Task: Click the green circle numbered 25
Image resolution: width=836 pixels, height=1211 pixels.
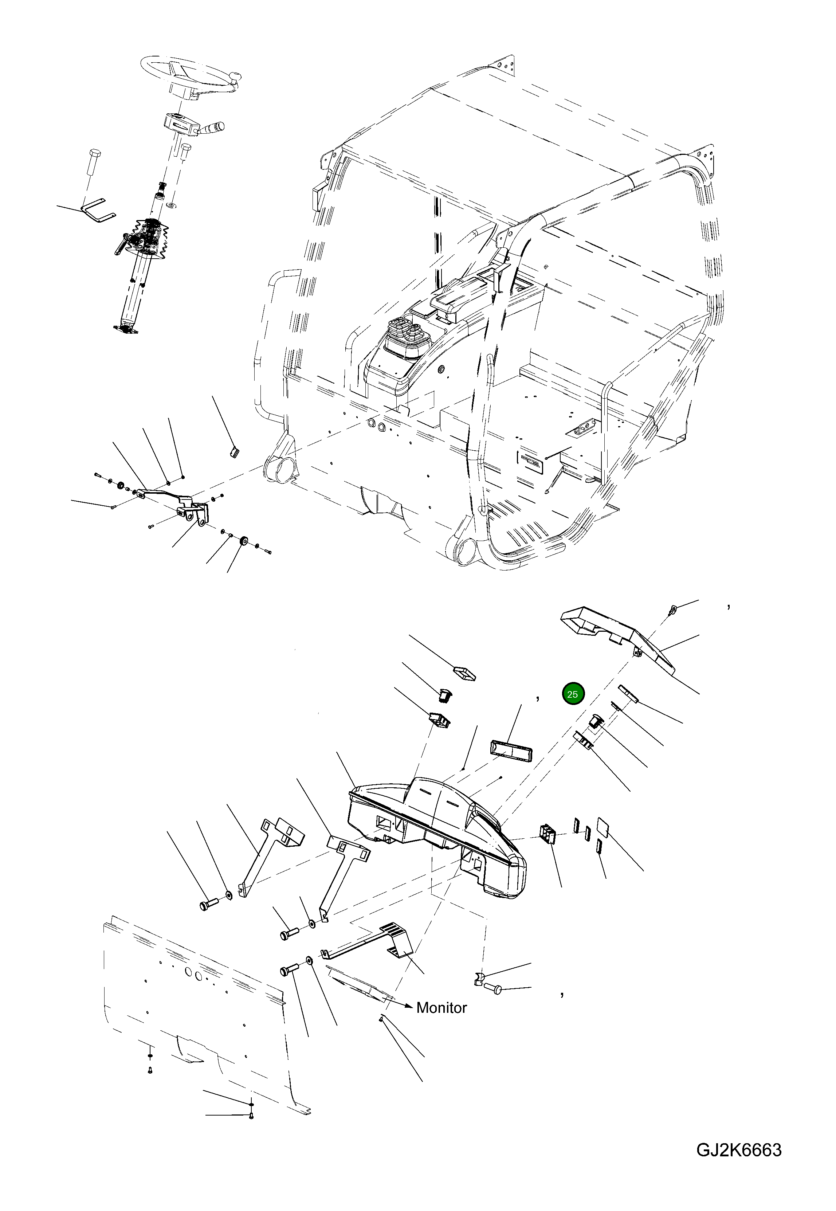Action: (573, 694)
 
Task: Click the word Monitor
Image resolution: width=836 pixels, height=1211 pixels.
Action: (441, 1008)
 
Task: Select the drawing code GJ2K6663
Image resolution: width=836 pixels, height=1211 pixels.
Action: (739, 1150)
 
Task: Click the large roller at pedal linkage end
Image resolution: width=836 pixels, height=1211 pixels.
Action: (244, 541)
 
